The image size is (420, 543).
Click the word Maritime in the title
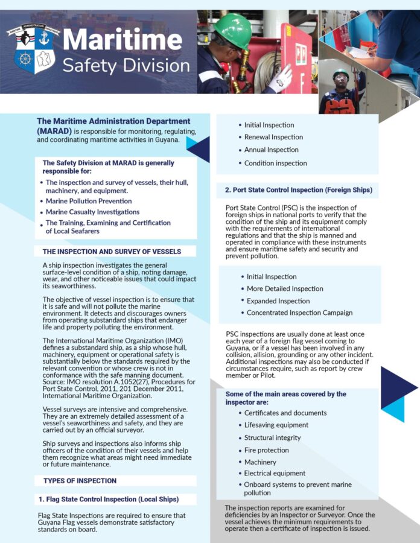(x=122, y=40)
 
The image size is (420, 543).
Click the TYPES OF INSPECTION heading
(x=80, y=481)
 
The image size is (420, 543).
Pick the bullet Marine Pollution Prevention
(x=89, y=201)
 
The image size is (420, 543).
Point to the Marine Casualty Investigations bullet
(x=92, y=212)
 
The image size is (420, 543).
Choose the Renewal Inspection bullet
(x=273, y=137)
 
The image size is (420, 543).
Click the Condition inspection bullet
(x=275, y=163)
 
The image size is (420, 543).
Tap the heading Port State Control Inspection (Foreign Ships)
(x=298, y=190)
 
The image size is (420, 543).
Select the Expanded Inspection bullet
(x=278, y=300)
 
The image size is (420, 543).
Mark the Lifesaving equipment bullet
(x=276, y=425)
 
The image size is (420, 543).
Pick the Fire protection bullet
(x=266, y=450)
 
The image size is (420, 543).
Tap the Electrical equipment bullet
(x=275, y=474)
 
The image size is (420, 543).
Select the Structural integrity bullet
(x=273, y=437)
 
